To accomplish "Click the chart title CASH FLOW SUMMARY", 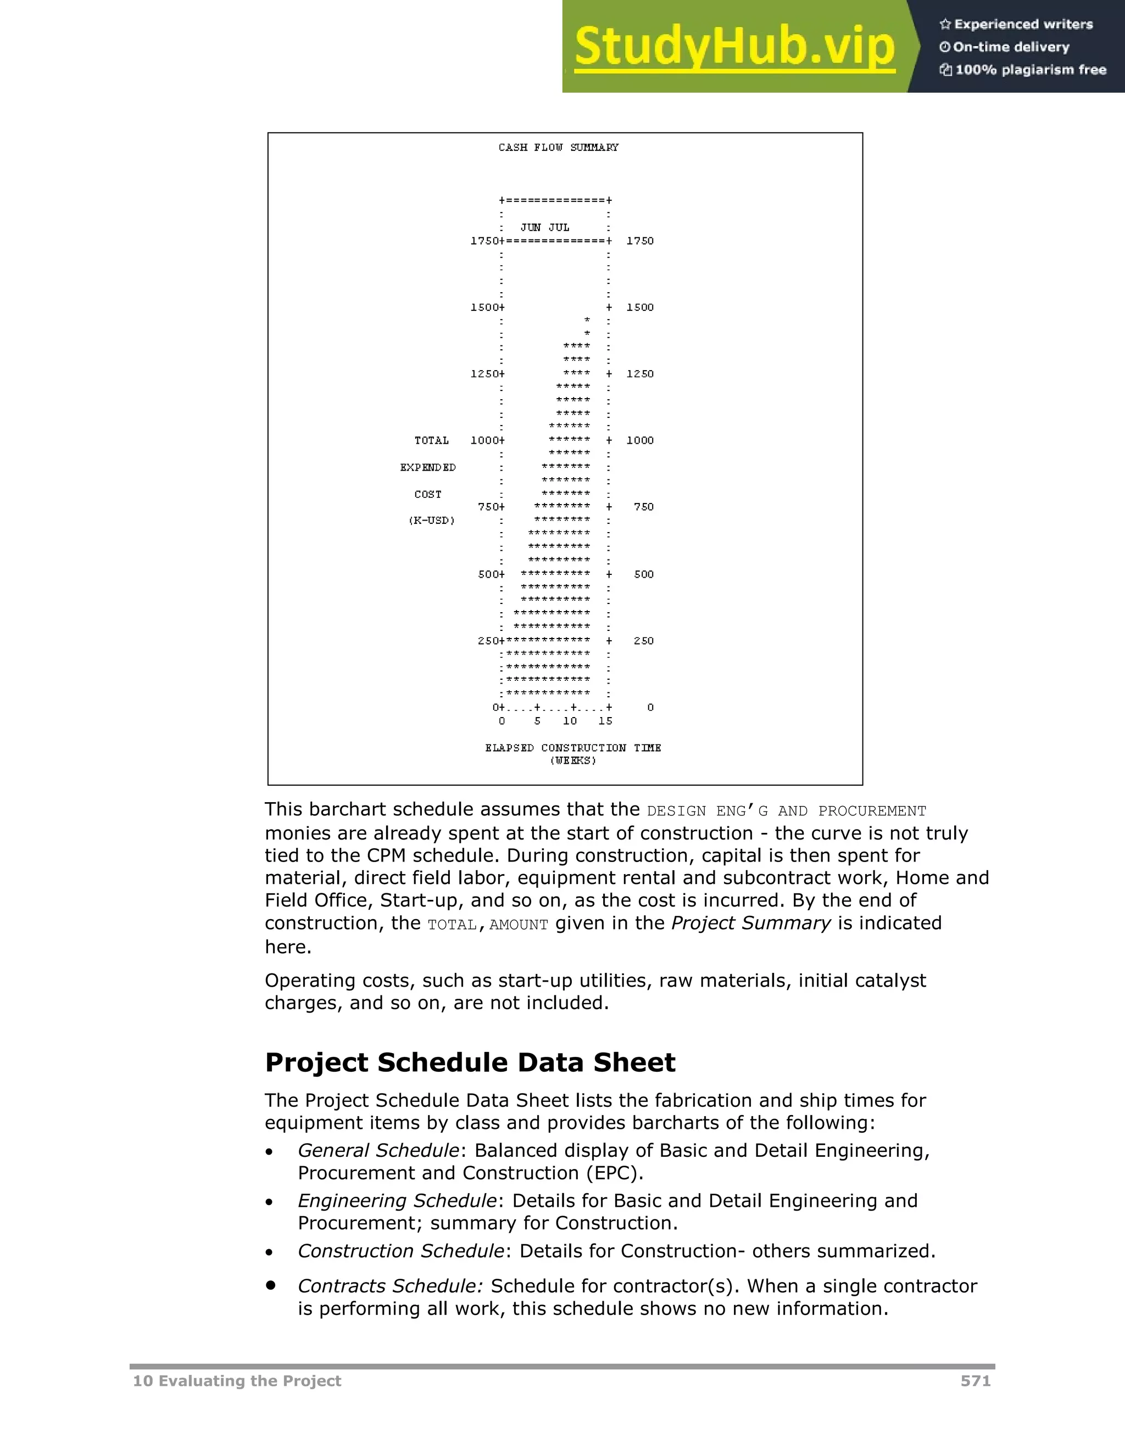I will pos(558,147).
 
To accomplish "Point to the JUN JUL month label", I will pos(544,227).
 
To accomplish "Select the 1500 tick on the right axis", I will pos(640,307).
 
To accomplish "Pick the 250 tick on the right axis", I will pos(643,641).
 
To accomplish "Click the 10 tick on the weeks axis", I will pos(570,721).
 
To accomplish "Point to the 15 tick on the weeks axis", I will pos(605,721).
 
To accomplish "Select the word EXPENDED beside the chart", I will pos(428,468).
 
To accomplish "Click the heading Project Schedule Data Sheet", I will pos(470,1062).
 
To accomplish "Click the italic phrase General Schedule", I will pos(378,1150).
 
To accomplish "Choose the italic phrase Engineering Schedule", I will pos(397,1200).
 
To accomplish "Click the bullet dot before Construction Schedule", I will pos(269,1252).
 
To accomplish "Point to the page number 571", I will pos(975,1381).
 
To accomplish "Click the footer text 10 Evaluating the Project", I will pos(237,1381).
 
